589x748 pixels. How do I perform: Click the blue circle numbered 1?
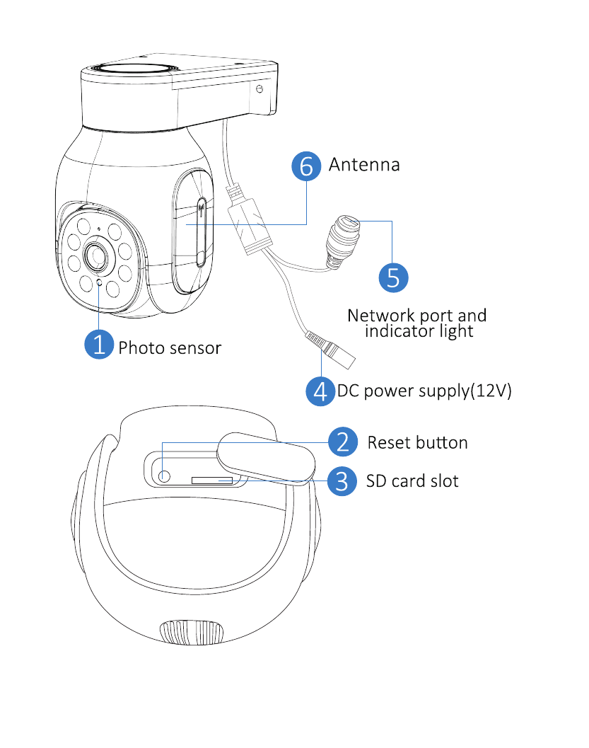point(99,344)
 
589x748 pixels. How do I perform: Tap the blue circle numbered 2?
point(343,442)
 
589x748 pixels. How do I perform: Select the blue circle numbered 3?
point(342,481)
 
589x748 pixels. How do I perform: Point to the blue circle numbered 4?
point(320,391)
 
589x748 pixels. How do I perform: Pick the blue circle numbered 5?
point(393,277)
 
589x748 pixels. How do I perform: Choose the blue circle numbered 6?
point(306,166)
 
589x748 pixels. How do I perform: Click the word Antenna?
point(364,165)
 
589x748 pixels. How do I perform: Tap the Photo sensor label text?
point(170,348)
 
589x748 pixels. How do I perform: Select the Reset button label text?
point(417,443)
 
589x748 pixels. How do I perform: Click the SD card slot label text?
point(412,481)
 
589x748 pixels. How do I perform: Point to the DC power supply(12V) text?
point(424,391)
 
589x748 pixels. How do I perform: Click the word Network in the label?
point(380,316)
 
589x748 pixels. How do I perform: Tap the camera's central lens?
point(97,257)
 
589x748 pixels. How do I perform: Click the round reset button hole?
point(164,476)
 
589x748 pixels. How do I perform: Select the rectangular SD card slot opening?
point(212,480)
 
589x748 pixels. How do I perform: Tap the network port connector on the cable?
point(343,241)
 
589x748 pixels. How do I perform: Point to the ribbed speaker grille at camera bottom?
point(191,633)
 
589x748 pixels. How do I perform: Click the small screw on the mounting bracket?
point(259,89)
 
